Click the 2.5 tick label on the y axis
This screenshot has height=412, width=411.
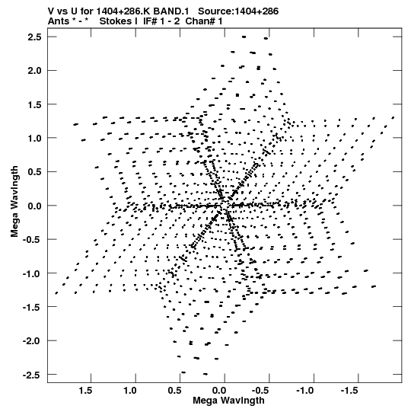35,37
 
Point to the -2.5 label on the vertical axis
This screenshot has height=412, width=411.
32,375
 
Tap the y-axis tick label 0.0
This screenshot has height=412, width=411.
35,206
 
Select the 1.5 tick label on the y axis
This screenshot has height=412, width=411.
35,105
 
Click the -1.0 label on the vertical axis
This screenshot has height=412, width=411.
32,273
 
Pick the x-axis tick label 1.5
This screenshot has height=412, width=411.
85,391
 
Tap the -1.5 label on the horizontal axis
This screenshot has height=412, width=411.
350,391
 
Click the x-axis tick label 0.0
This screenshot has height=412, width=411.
219,391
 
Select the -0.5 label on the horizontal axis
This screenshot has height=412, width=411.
261,391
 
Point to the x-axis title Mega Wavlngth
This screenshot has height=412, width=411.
228,401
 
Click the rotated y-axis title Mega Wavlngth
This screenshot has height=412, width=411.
14,202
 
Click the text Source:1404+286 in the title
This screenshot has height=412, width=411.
238,11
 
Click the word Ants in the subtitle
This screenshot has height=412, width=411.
59,21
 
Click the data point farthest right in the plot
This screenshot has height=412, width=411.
393,118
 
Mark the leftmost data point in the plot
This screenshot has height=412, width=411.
56,293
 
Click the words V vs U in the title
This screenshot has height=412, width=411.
62,11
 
